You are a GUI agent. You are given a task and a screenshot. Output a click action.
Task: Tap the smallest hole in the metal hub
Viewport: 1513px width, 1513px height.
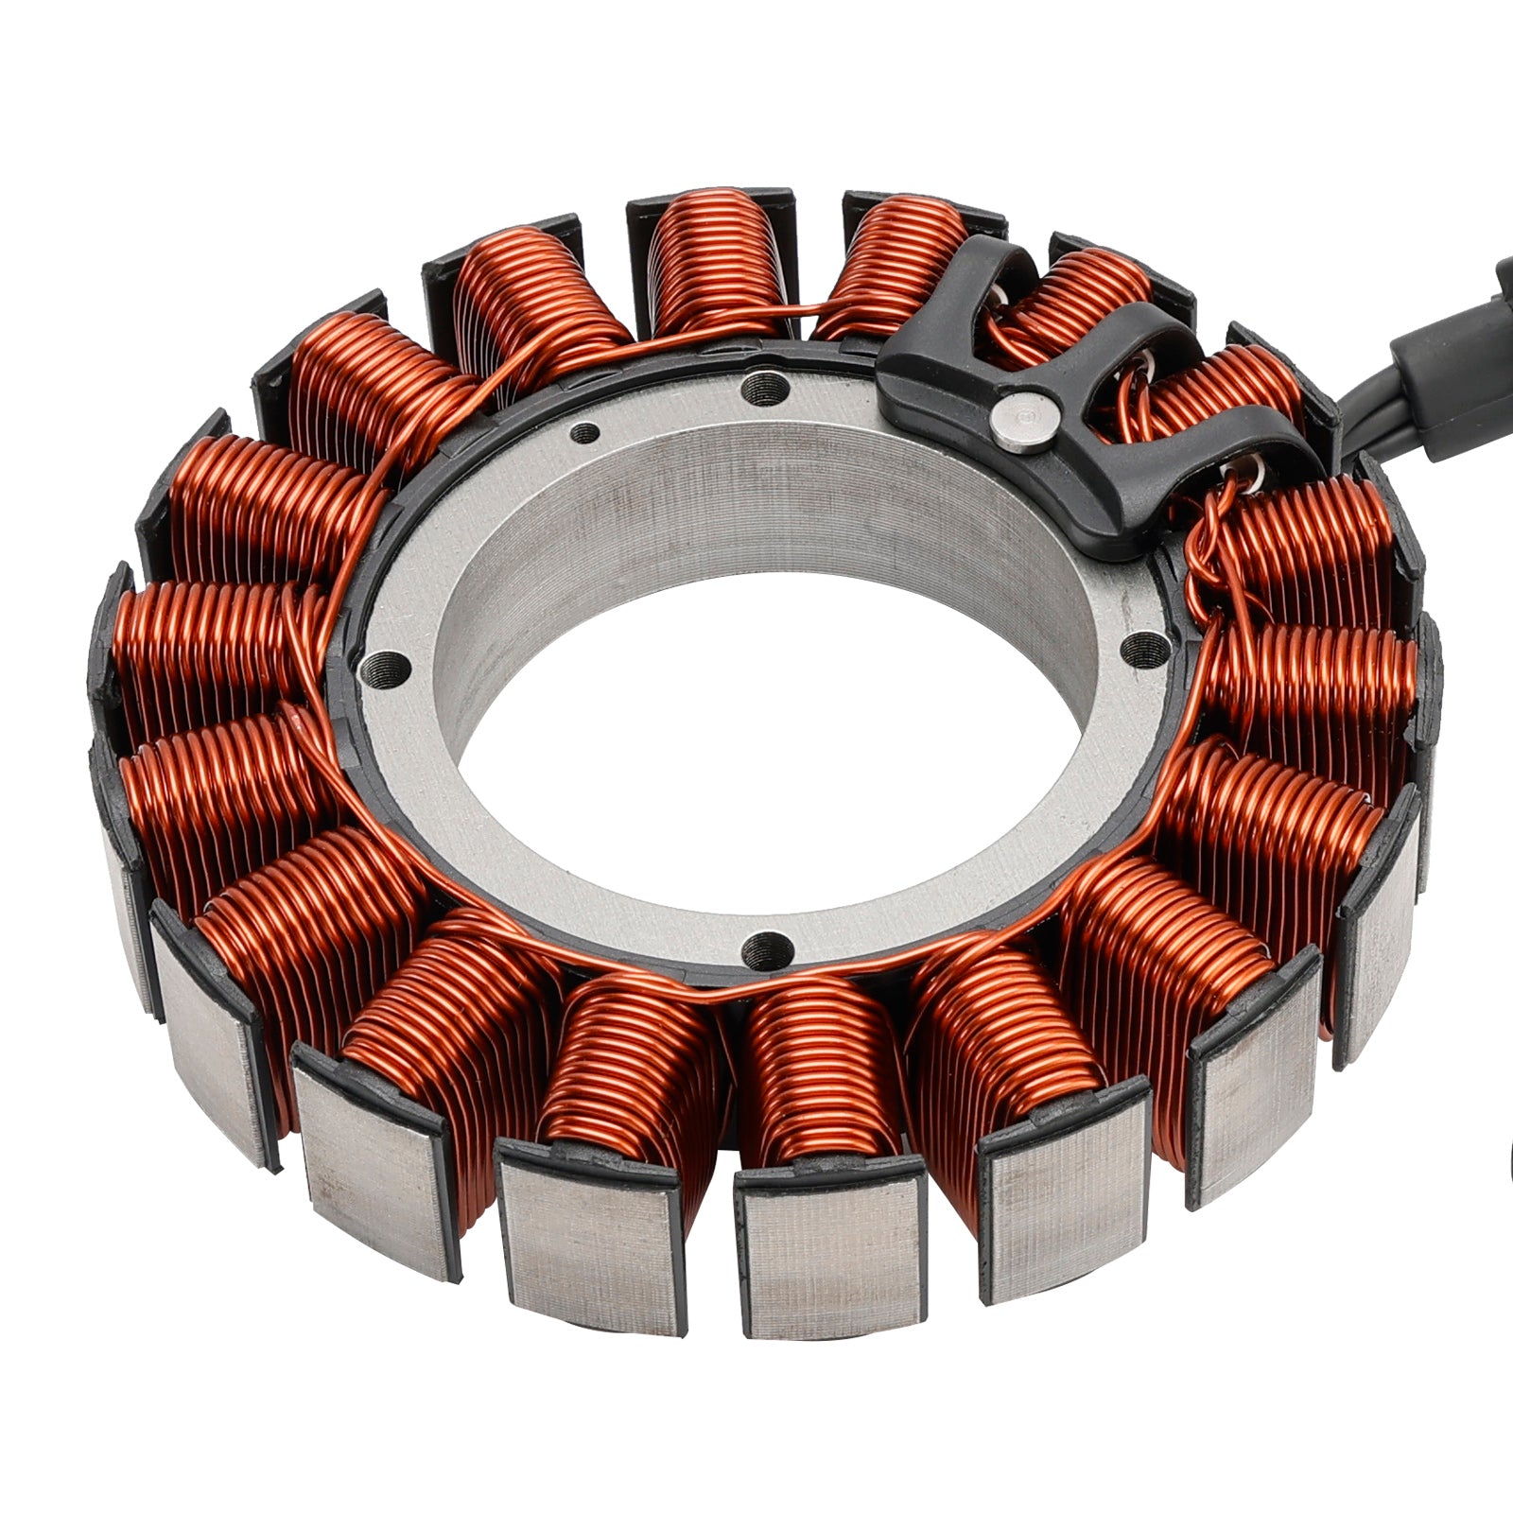[x=586, y=434]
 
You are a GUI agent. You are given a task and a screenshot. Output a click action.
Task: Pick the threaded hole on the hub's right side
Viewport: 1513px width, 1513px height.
[x=1146, y=647]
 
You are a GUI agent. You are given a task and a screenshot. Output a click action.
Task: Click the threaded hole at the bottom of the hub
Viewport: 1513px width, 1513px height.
[x=766, y=947]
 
